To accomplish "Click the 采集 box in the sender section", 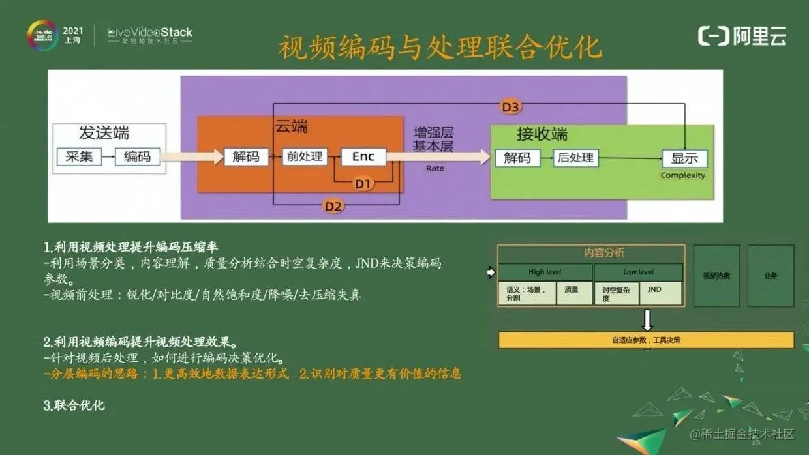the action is click(80, 156).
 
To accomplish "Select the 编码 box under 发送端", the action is click(138, 156).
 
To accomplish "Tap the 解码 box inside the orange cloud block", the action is click(246, 156).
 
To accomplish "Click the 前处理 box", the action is click(305, 156).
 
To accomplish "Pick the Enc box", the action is click(363, 156).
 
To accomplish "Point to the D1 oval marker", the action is click(363, 184).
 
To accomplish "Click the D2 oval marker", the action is click(333, 207).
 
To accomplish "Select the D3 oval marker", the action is click(511, 107).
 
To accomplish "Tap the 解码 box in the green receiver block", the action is click(517, 158).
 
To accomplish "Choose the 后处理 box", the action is click(575, 158).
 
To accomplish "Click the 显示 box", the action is click(684, 158).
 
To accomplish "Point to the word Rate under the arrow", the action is click(435, 168).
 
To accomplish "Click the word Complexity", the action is click(683, 175).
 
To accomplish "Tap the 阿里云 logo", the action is click(742, 36).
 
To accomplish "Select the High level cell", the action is click(545, 272).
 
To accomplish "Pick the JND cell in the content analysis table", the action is click(660, 293).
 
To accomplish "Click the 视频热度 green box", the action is click(716, 276).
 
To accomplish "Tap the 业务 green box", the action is click(771, 276).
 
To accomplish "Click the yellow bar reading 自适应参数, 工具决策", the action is click(646, 340).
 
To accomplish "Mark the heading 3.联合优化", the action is click(74, 405).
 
